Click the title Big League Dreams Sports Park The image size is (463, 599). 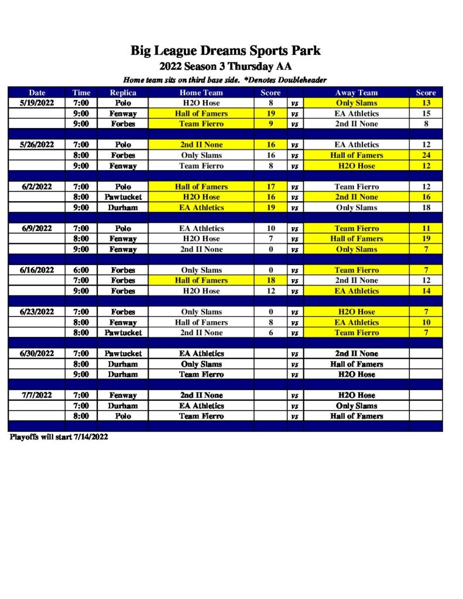(225, 50)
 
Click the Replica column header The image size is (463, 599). (123, 92)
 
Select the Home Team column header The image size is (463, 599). (201, 92)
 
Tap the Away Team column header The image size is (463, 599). (356, 92)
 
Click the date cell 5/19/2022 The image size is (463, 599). (37, 103)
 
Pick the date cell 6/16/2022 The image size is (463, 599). (37, 270)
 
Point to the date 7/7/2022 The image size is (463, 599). (37, 395)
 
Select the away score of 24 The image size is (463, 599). (426, 156)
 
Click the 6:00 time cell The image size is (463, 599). (81, 270)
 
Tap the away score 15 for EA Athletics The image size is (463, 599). (426, 113)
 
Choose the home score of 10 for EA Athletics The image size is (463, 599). (270, 229)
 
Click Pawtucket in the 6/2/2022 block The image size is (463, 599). (123, 197)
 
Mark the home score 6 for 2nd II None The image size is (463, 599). (270, 333)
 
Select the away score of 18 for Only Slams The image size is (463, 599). (426, 208)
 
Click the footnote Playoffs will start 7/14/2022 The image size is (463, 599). (59, 437)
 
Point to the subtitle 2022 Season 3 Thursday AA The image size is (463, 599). (225, 66)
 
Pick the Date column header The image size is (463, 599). (37, 92)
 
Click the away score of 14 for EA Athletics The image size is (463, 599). (426, 291)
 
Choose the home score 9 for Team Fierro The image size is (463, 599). (270, 124)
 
